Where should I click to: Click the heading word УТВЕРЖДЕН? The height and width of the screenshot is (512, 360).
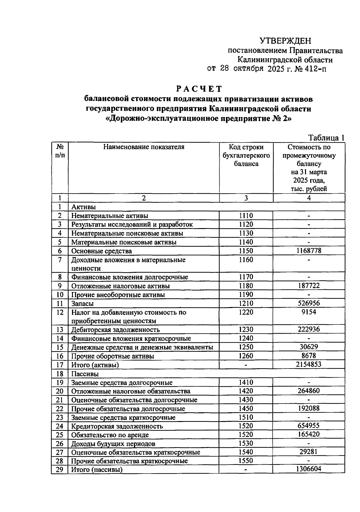285,41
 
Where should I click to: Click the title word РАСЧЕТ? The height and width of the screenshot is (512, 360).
199,89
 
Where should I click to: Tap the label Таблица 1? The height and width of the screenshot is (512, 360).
326,138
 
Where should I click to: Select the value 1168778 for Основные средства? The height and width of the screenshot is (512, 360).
309,251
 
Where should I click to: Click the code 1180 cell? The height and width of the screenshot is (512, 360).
246,286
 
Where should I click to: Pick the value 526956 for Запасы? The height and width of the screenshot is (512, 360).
309,303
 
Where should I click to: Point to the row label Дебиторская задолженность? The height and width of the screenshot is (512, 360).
115,330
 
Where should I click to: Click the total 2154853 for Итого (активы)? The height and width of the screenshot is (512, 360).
309,365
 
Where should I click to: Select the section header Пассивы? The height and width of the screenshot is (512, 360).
85,374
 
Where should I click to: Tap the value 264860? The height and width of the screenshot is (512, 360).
309,391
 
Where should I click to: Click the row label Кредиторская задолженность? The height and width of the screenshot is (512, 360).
117,426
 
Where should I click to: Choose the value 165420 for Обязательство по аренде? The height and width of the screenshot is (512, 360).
309,434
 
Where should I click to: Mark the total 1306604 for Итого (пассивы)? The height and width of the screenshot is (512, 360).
309,469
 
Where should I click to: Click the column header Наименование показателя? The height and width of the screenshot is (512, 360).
144,147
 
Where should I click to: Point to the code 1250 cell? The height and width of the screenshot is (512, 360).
246,347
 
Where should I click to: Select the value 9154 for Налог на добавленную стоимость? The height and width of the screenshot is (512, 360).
309,312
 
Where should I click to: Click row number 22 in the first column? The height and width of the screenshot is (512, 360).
60,409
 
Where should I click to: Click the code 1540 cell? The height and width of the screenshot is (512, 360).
246,452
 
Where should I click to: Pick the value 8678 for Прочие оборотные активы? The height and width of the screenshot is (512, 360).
309,356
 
